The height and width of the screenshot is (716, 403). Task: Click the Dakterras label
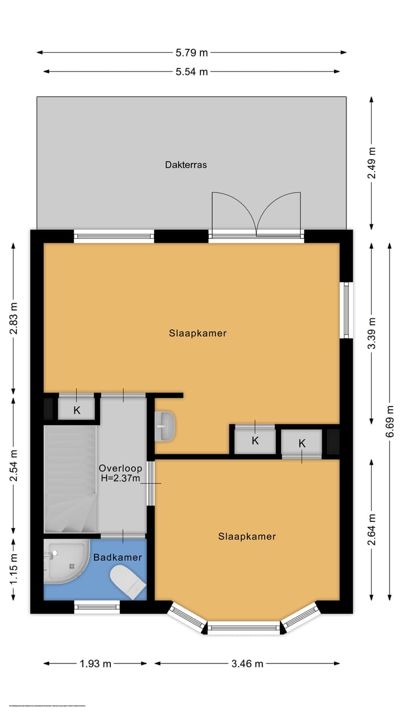(186, 165)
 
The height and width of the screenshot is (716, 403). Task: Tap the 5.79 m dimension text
(191, 53)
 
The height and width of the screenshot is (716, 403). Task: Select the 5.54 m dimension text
(191, 72)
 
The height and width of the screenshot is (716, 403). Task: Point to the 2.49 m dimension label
(372, 163)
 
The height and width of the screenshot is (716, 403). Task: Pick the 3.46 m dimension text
(247, 664)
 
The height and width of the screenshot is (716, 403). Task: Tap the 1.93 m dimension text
(95, 664)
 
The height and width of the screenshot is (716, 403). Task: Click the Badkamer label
(118, 557)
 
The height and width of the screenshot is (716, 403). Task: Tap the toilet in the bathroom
(128, 582)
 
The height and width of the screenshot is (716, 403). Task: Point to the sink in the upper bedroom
(165, 426)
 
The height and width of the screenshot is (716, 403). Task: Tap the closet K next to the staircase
(77, 410)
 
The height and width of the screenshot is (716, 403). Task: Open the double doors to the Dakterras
(256, 213)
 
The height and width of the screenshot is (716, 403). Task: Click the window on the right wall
(346, 310)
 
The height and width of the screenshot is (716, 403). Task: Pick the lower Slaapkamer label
(247, 536)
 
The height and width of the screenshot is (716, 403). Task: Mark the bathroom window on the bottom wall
(97, 607)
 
